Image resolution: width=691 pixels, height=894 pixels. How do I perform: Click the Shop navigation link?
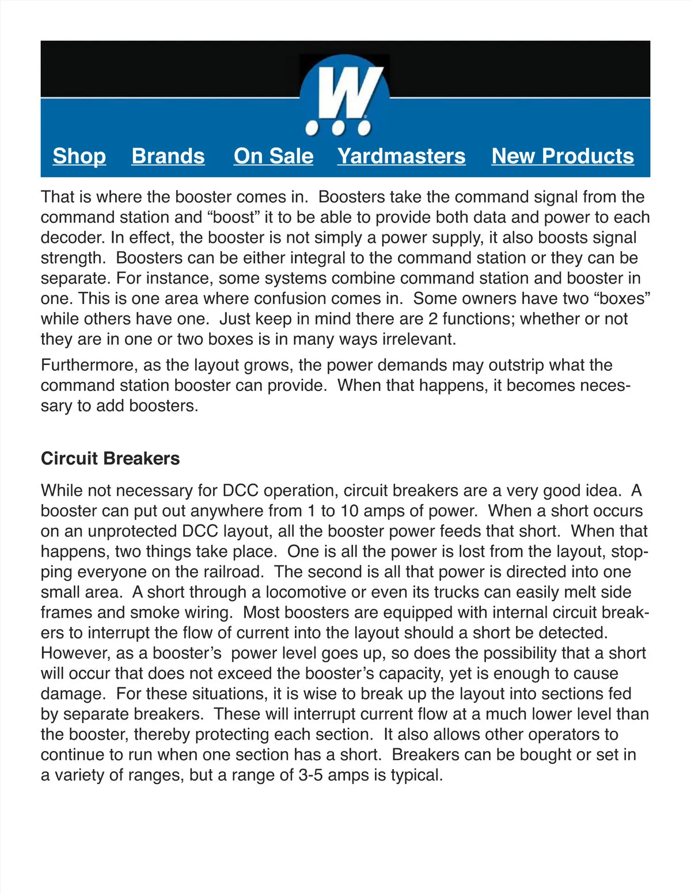(x=79, y=156)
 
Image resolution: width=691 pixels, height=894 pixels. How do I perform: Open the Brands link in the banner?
(x=168, y=156)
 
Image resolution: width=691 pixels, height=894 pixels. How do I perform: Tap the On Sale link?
(x=274, y=156)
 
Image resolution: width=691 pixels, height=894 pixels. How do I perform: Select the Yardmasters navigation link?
(x=401, y=156)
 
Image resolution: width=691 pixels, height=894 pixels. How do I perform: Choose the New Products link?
(x=563, y=156)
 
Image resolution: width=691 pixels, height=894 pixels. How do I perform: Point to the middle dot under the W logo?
(x=340, y=127)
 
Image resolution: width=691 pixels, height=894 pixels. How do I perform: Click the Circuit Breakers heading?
(x=111, y=458)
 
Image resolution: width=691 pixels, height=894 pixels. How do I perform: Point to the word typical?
(x=416, y=775)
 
